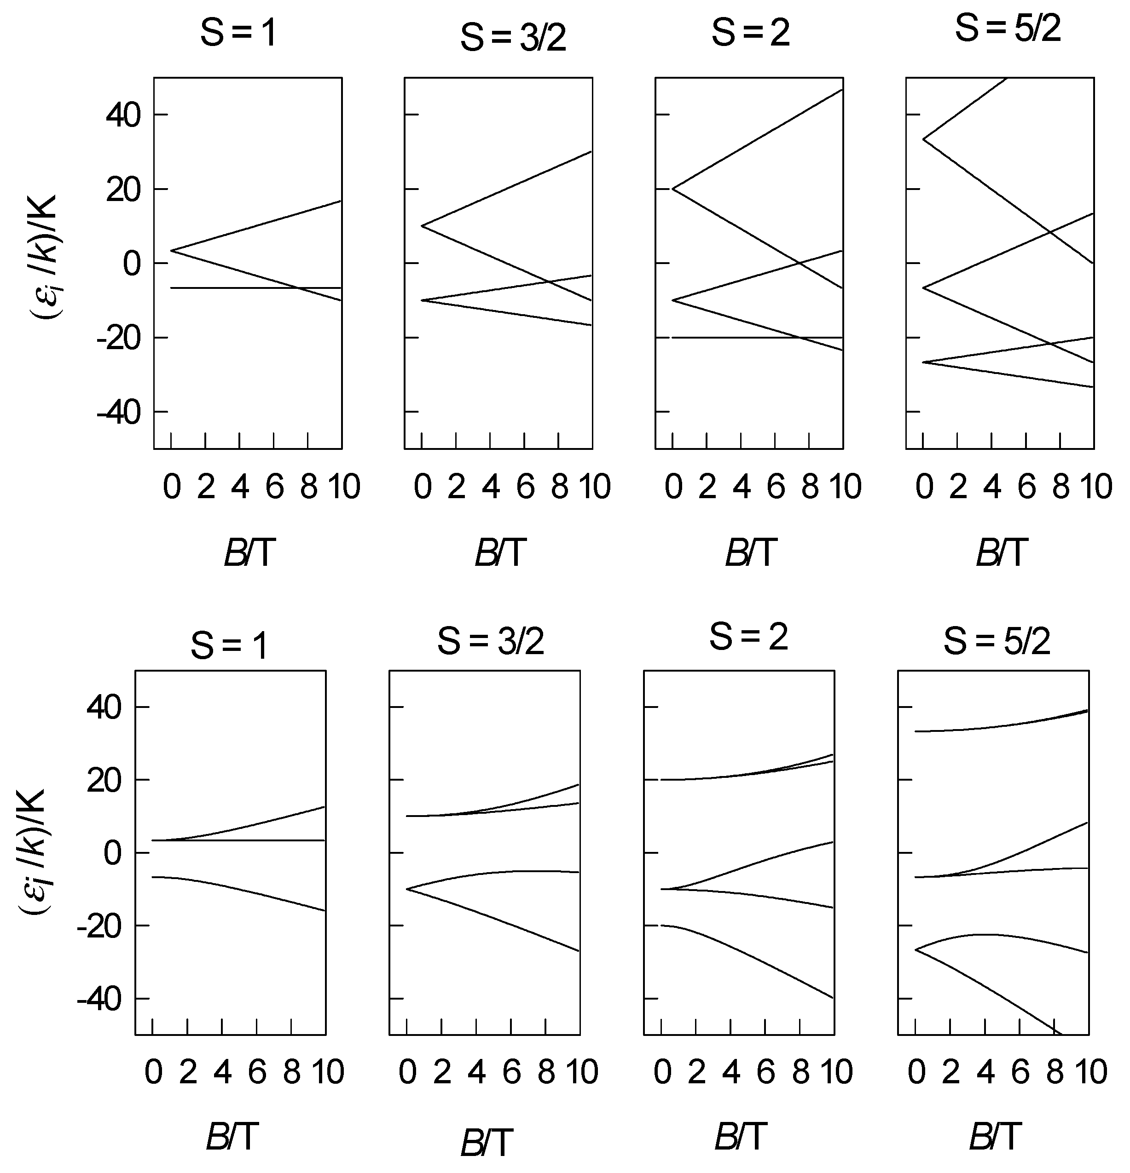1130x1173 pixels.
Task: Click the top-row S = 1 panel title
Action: pyautogui.click(x=238, y=33)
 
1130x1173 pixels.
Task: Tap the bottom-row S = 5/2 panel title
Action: pyautogui.click(x=997, y=642)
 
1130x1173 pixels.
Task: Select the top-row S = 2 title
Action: pyautogui.click(x=750, y=33)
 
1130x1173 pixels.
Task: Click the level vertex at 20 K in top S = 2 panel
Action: pyautogui.click(x=672, y=189)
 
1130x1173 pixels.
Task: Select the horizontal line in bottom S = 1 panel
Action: pyautogui.click(x=239, y=840)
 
